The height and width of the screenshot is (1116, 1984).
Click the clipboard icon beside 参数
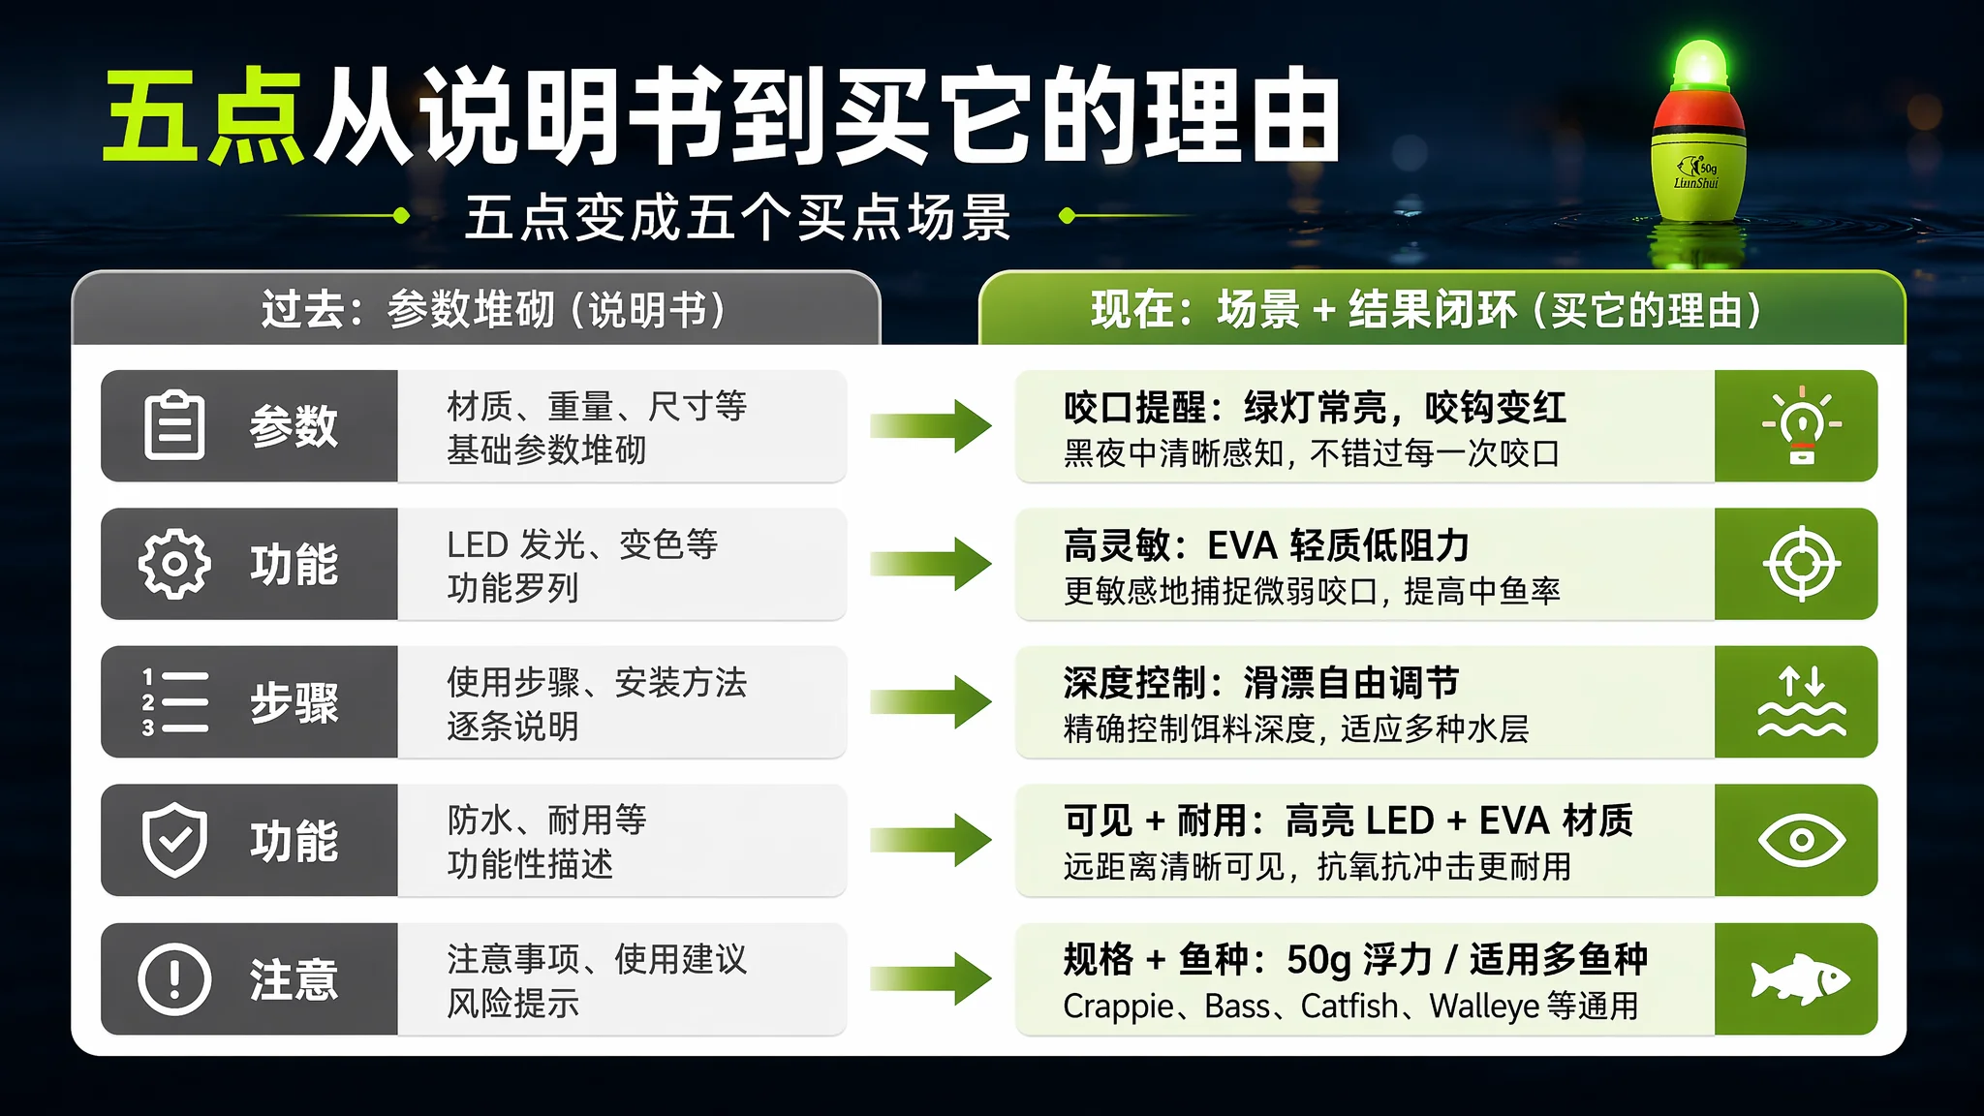(174, 424)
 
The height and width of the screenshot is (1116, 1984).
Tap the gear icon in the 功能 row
(174, 564)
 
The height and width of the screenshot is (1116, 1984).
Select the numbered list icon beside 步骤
(174, 701)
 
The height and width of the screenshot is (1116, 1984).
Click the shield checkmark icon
(174, 840)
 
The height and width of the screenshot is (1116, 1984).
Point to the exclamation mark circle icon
(174, 978)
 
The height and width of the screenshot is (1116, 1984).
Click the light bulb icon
(1801, 425)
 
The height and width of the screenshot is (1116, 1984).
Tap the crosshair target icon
(1801, 564)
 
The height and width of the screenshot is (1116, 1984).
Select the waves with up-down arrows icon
(1801, 701)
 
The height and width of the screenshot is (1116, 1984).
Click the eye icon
(1801, 840)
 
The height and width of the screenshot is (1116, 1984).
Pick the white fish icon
(1800, 979)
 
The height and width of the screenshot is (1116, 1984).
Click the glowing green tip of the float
(1700, 64)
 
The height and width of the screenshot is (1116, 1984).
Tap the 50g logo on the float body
(1696, 173)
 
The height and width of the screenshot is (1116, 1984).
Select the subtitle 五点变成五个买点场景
(738, 217)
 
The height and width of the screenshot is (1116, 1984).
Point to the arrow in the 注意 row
(930, 978)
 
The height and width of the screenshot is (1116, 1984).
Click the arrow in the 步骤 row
(930, 701)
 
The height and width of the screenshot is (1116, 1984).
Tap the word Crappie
(1118, 1007)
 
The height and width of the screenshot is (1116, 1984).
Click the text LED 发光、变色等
(582, 544)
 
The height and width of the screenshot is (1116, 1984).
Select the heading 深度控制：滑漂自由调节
(1260, 683)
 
